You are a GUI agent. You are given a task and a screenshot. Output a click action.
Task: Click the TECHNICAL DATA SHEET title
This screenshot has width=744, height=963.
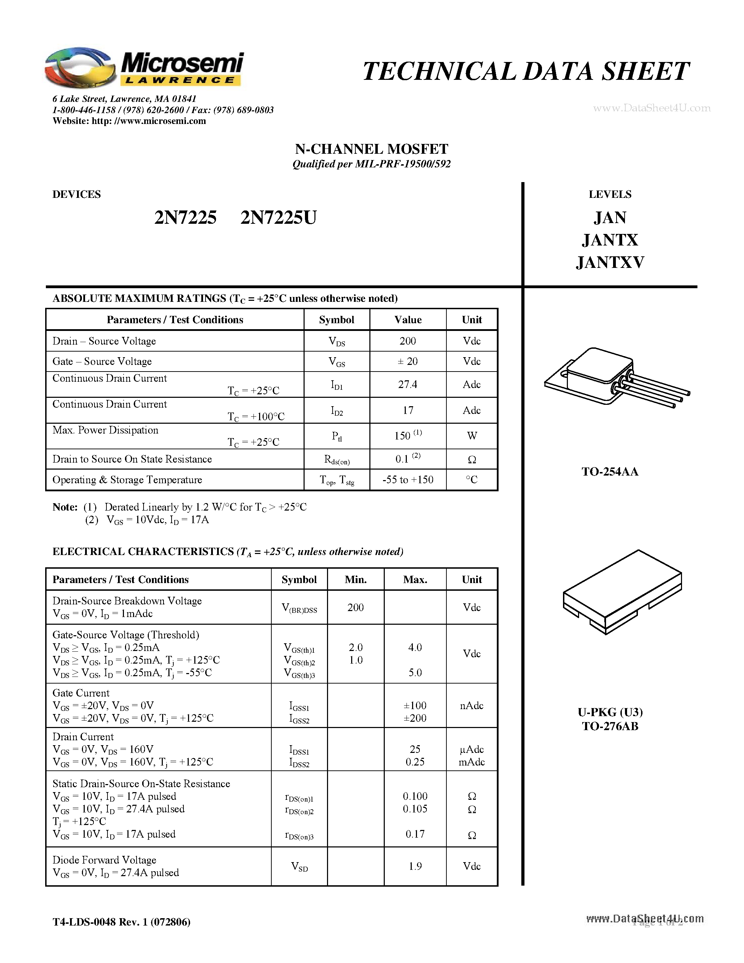(526, 71)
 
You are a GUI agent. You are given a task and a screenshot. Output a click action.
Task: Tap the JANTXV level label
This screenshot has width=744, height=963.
(610, 262)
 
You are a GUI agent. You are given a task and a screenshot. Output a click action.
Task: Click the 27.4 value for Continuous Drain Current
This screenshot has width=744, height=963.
(407, 384)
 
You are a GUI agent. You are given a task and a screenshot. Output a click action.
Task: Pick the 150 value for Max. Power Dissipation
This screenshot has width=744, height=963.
(402, 436)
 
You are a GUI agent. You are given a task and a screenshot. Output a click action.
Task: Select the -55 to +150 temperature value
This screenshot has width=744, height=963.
(407, 480)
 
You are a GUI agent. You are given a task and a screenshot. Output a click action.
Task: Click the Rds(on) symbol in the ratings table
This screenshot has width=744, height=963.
(337, 460)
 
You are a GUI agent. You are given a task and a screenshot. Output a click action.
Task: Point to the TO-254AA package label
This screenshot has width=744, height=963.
(610, 472)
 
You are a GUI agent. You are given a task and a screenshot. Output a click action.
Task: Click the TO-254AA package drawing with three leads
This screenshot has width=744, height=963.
(615, 377)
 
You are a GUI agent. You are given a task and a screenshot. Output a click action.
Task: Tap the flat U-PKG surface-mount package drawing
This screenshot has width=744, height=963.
(622, 591)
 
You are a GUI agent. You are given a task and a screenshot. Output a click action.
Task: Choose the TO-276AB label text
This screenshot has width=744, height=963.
(610, 726)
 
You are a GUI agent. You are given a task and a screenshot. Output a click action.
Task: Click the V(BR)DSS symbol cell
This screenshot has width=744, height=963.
(299, 608)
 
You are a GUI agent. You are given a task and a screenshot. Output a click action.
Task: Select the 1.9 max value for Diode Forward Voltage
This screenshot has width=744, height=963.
(415, 866)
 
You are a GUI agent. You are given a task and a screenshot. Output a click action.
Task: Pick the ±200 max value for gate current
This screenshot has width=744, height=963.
(415, 718)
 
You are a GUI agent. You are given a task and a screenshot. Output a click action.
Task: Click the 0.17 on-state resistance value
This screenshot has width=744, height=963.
(415, 834)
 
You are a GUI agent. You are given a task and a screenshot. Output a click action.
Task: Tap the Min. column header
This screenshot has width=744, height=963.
(355, 580)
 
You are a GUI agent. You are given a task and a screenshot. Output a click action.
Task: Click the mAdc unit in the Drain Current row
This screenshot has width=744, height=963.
(471, 762)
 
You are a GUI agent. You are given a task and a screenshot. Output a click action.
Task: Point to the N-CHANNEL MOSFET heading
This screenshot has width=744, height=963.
(371, 149)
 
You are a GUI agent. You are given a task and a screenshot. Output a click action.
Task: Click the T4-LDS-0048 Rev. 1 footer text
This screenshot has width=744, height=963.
(121, 922)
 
